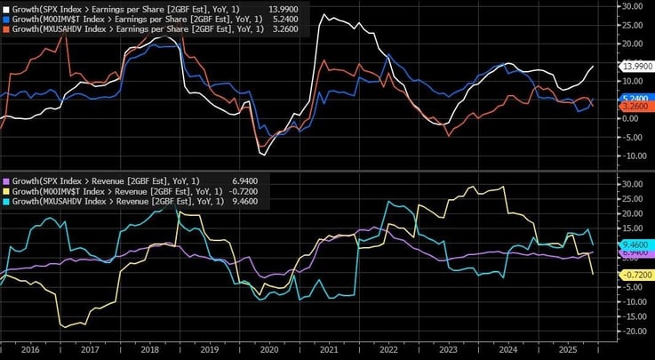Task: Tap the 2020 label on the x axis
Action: (x=268, y=351)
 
